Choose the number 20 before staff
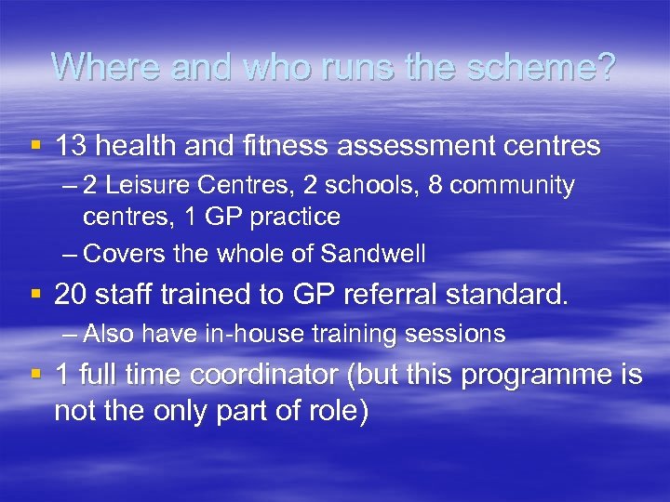pos(71,295)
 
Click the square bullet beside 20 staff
pos(36,295)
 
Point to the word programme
pos(532,376)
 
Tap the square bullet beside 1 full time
pos(36,376)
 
